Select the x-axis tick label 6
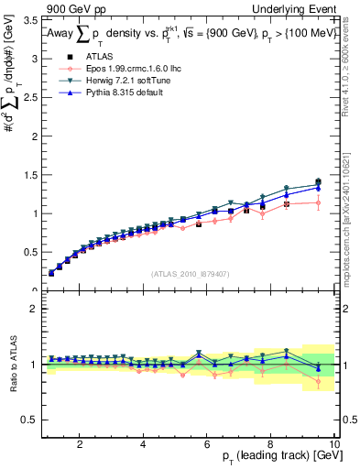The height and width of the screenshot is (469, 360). (x=207, y=444)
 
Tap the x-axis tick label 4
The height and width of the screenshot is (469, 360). (x=144, y=444)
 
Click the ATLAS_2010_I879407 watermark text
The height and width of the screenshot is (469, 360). (x=190, y=272)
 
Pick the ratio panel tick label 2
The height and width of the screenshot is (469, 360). (x=31, y=309)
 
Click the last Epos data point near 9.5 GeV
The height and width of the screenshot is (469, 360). (x=318, y=202)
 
